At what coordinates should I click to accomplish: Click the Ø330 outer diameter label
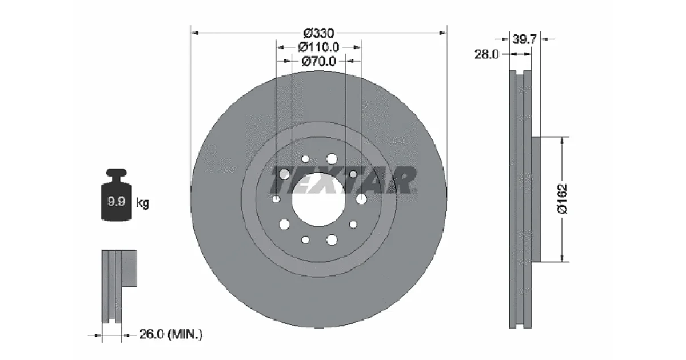coord(318,33)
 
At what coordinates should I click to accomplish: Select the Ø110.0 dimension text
coord(318,47)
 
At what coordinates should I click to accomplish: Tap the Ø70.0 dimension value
coord(318,61)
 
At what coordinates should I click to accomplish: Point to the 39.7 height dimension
coord(524,39)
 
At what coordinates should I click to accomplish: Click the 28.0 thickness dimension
coord(486,54)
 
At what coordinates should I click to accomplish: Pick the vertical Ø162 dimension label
coord(563,199)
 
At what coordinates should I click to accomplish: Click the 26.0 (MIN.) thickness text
coord(171,334)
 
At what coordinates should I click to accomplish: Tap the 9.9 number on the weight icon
coord(117,201)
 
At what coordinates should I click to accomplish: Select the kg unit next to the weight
coord(143,203)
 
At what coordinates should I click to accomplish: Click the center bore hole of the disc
coord(318,199)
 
